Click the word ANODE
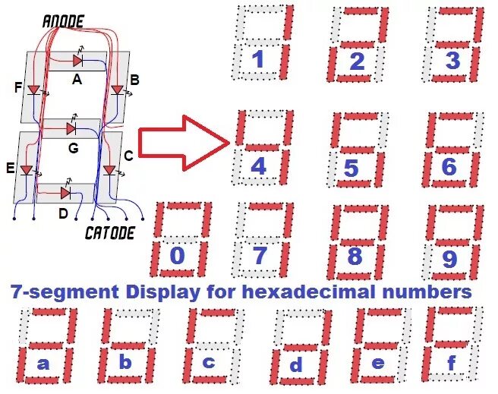point(63,20)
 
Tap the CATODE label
point(110,232)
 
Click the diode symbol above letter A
point(77,60)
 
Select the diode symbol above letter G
point(71,128)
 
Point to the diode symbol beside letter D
point(65,193)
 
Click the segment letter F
point(19,88)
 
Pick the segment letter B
point(134,79)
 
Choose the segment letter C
point(128,156)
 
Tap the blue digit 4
point(259,166)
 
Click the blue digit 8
point(355,257)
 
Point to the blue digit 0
point(177,256)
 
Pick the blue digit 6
point(449,166)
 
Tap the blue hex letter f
point(452,364)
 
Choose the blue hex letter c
point(209,363)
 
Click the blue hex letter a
point(43,364)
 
